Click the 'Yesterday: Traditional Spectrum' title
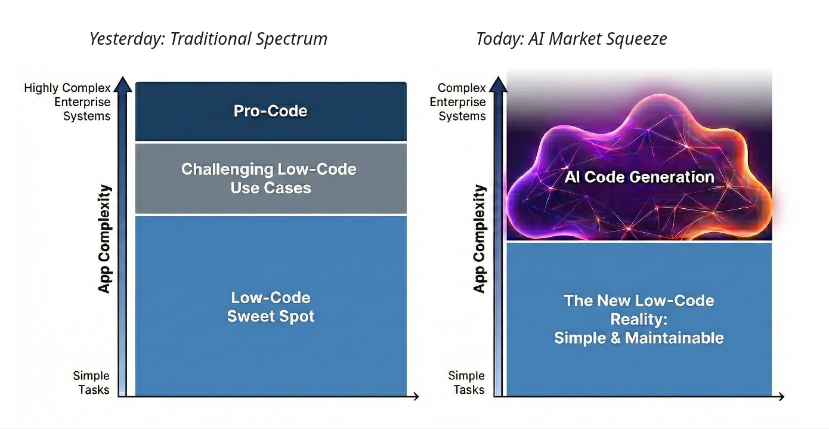click(x=208, y=39)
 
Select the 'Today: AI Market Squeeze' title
click(x=571, y=39)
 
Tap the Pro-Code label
click(x=271, y=111)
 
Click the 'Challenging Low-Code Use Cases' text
click(x=269, y=178)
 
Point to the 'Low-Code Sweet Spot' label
click(x=271, y=307)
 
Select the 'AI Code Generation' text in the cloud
click(x=639, y=177)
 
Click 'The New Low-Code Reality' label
click(x=639, y=319)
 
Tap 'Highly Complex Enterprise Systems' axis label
click(x=67, y=102)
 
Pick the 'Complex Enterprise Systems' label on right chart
click(x=458, y=102)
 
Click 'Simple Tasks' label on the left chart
click(x=91, y=382)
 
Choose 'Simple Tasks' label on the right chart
click(x=466, y=382)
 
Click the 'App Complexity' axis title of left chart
click(x=105, y=239)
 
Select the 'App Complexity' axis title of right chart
click(x=480, y=239)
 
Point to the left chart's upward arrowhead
click(x=123, y=83)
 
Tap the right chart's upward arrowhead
click(x=498, y=83)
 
